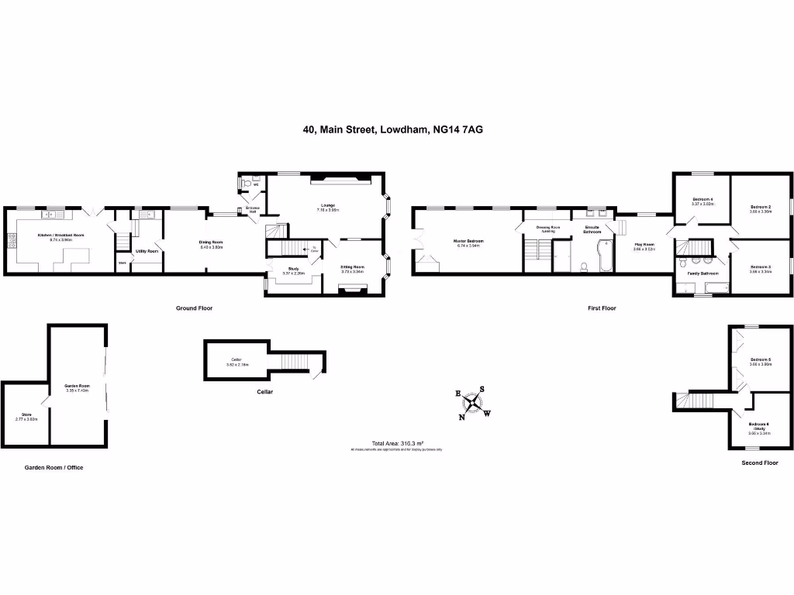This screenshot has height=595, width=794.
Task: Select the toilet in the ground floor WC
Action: pos(247,184)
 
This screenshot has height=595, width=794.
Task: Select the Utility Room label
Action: pos(147,251)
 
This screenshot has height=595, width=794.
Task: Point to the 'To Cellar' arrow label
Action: pos(314,249)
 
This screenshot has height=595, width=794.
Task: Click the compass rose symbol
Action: pos(472,403)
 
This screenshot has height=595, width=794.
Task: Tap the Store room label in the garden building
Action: pos(26,416)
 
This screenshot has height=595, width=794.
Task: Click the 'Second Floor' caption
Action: pos(760,463)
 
